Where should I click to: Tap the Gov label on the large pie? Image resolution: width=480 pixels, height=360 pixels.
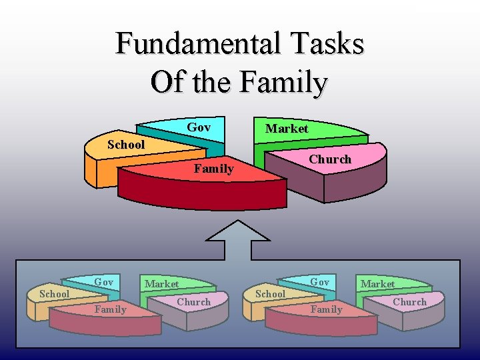[199, 127]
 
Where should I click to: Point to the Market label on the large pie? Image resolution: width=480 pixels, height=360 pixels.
[287, 129]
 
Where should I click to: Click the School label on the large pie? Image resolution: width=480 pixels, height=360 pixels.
[126, 145]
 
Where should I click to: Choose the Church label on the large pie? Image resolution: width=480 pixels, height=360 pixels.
[329, 159]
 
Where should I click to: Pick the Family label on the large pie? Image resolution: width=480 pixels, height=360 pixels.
[213, 169]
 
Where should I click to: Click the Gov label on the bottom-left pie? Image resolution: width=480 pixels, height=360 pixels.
[103, 282]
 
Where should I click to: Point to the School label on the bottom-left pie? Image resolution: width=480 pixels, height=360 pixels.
[55, 294]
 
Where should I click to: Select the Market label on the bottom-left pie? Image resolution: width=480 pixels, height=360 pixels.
[162, 284]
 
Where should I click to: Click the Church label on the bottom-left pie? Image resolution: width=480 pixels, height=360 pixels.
[193, 302]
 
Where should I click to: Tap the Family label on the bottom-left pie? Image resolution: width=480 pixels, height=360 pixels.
[110, 309]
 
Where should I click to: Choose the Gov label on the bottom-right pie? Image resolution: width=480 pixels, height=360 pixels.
[320, 282]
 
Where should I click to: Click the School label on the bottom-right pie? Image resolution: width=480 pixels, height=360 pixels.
[271, 294]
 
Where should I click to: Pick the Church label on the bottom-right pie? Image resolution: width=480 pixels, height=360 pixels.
[409, 302]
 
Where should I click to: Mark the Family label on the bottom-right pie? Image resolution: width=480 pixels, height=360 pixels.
[327, 309]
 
